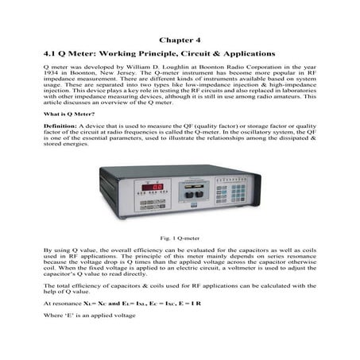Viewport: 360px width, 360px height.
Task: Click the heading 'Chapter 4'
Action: click(x=180, y=37)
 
